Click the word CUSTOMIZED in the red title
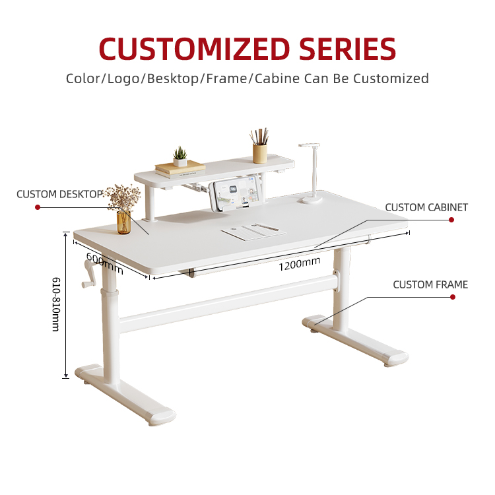coord(195,49)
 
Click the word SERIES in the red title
coord(347,49)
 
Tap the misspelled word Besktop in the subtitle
coord(173,79)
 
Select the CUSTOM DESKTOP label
coord(59,194)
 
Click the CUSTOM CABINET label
coord(426,207)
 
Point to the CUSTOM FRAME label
coord(430,284)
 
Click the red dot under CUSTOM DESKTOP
coord(38,207)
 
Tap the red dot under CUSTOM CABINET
coord(451,220)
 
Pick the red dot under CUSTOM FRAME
coord(453,297)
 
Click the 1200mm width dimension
coord(300,264)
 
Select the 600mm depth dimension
coord(104,263)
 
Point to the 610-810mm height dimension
coord(56,304)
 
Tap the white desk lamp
coord(311,174)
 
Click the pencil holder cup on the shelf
coord(260,153)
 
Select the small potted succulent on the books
coord(180,157)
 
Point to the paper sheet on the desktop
coord(253,232)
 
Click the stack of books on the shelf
coord(180,169)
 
